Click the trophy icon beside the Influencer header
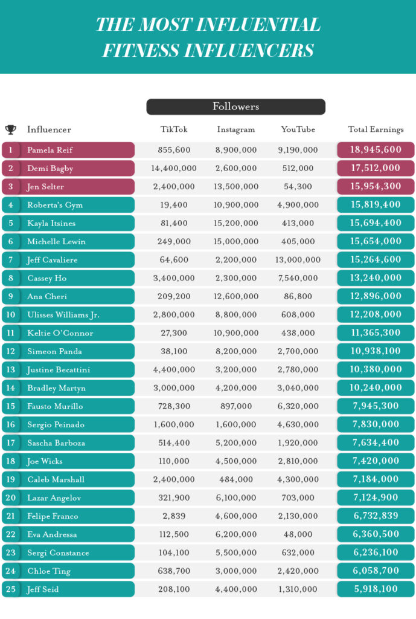coord(11,129)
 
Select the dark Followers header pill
coord(236,106)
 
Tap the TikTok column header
coord(174,129)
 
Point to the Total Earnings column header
coord(376,129)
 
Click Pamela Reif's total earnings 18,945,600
coord(376,150)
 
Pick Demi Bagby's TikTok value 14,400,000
coord(174,168)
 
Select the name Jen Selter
coord(45,187)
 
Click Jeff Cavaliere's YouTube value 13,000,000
coord(298,260)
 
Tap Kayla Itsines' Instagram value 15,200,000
coord(236,223)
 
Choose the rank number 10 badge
coord(11,314)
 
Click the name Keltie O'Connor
coord(60,333)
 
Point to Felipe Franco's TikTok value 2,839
coord(174,516)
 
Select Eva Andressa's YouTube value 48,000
coord(298,534)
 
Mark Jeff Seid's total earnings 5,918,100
coord(376,589)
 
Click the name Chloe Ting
coord(49,571)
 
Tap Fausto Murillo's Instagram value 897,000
coord(236,406)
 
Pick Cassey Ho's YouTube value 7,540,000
coord(298,278)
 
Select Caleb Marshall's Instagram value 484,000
coord(236,479)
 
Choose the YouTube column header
coord(298,129)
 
